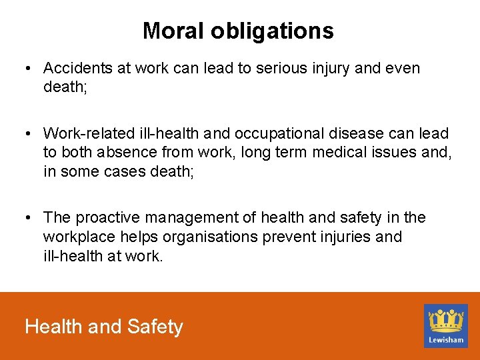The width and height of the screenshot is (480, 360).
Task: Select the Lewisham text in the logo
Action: (x=445, y=339)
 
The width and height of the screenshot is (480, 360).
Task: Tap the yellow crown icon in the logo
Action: (x=445, y=320)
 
